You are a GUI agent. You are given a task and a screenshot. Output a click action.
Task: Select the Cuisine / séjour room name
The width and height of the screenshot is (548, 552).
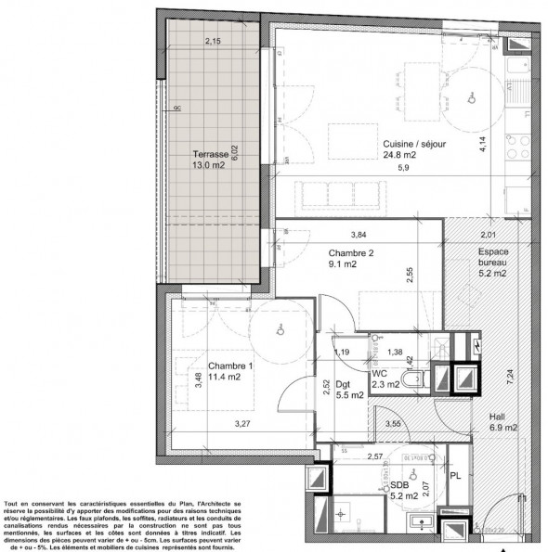pyautogui.click(x=413, y=144)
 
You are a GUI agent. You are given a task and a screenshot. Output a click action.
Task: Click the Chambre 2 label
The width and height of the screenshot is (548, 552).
pyautogui.click(x=350, y=252)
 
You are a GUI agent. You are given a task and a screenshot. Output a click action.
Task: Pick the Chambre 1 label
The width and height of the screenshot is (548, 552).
pyautogui.click(x=229, y=365)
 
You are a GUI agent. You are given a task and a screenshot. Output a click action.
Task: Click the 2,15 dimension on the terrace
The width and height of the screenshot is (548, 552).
pyautogui.click(x=213, y=41)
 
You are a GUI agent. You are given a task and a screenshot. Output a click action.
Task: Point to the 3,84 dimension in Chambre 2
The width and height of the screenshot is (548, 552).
pyautogui.click(x=358, y=234)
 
